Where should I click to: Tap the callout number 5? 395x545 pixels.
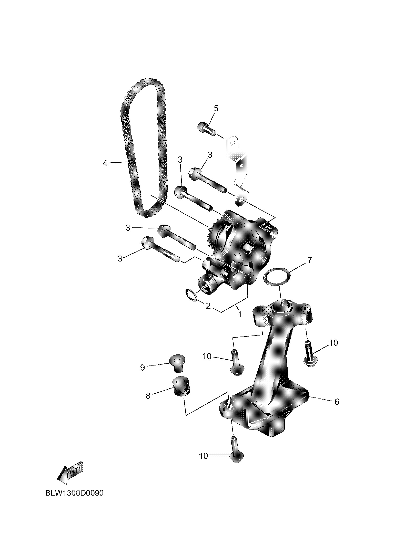(x=216, y=108)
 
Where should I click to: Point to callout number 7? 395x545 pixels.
(x=309, y=261)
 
